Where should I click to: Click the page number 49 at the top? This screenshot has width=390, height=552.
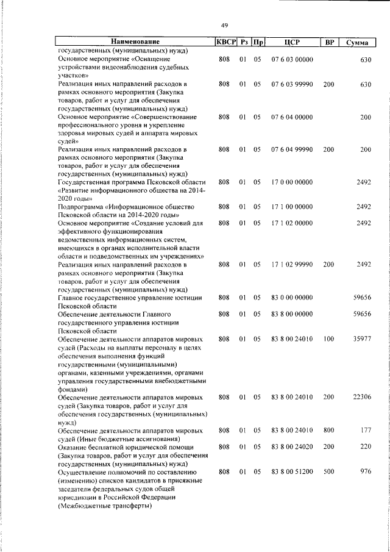pos(224,25)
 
